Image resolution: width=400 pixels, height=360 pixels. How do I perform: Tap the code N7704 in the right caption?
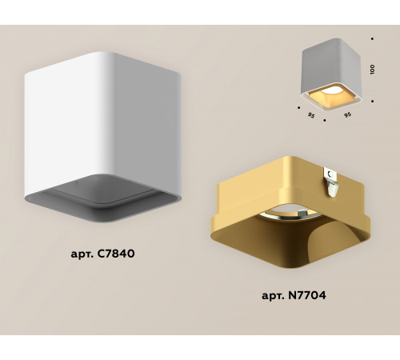click(308, 294)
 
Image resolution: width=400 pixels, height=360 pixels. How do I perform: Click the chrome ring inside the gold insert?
click(276, 218)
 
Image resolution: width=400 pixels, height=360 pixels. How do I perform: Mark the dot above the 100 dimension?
click(373, 38)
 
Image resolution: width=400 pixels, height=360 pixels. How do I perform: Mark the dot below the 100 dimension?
click(373, 101)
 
